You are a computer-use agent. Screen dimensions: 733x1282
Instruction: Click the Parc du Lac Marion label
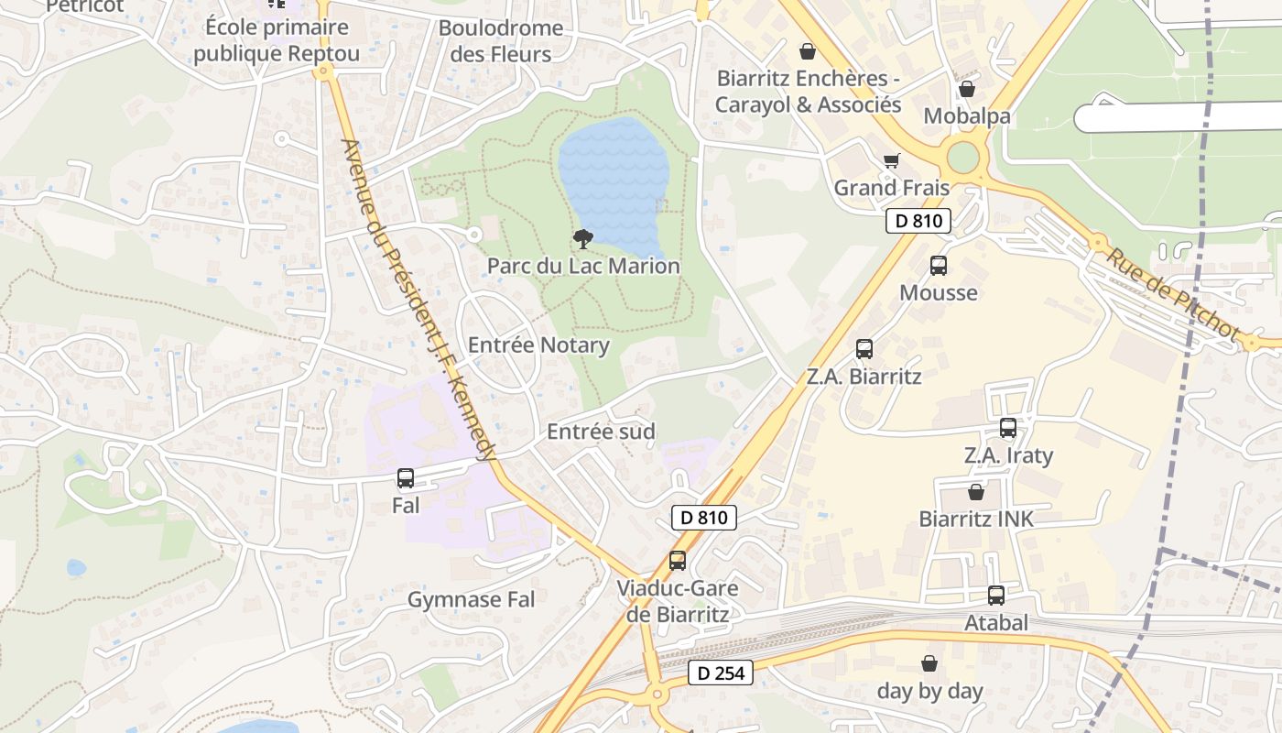(583, 267)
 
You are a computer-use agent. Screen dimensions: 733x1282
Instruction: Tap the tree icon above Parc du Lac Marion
(582, 239)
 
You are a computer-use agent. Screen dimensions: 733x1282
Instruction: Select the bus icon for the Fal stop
(406, 478)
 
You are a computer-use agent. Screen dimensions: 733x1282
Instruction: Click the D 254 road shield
(720, 673)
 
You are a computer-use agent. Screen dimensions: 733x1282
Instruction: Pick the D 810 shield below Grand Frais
(918, 221)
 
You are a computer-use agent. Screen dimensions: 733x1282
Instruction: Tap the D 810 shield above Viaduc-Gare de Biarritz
(703, 518)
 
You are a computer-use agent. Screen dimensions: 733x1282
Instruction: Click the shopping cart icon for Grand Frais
(891, 161)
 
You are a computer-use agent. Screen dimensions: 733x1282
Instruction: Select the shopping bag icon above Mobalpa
(966, 90)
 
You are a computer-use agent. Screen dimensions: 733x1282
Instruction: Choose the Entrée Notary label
(538, 345)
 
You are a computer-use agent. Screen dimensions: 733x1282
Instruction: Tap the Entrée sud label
(601, 432)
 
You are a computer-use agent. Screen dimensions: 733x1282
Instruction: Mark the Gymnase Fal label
(471, 600)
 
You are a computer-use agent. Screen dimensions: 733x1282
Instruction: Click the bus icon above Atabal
(995, 596)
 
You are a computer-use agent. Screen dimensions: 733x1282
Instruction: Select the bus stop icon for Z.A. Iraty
(1008, 428)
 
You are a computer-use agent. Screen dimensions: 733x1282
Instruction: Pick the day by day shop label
(929, 691)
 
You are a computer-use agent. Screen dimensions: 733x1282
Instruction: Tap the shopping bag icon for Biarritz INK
(976, 492)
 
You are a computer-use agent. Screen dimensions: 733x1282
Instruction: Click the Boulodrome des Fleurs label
(501, 40)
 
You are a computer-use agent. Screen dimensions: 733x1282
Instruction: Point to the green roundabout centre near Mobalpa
(963, 157)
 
